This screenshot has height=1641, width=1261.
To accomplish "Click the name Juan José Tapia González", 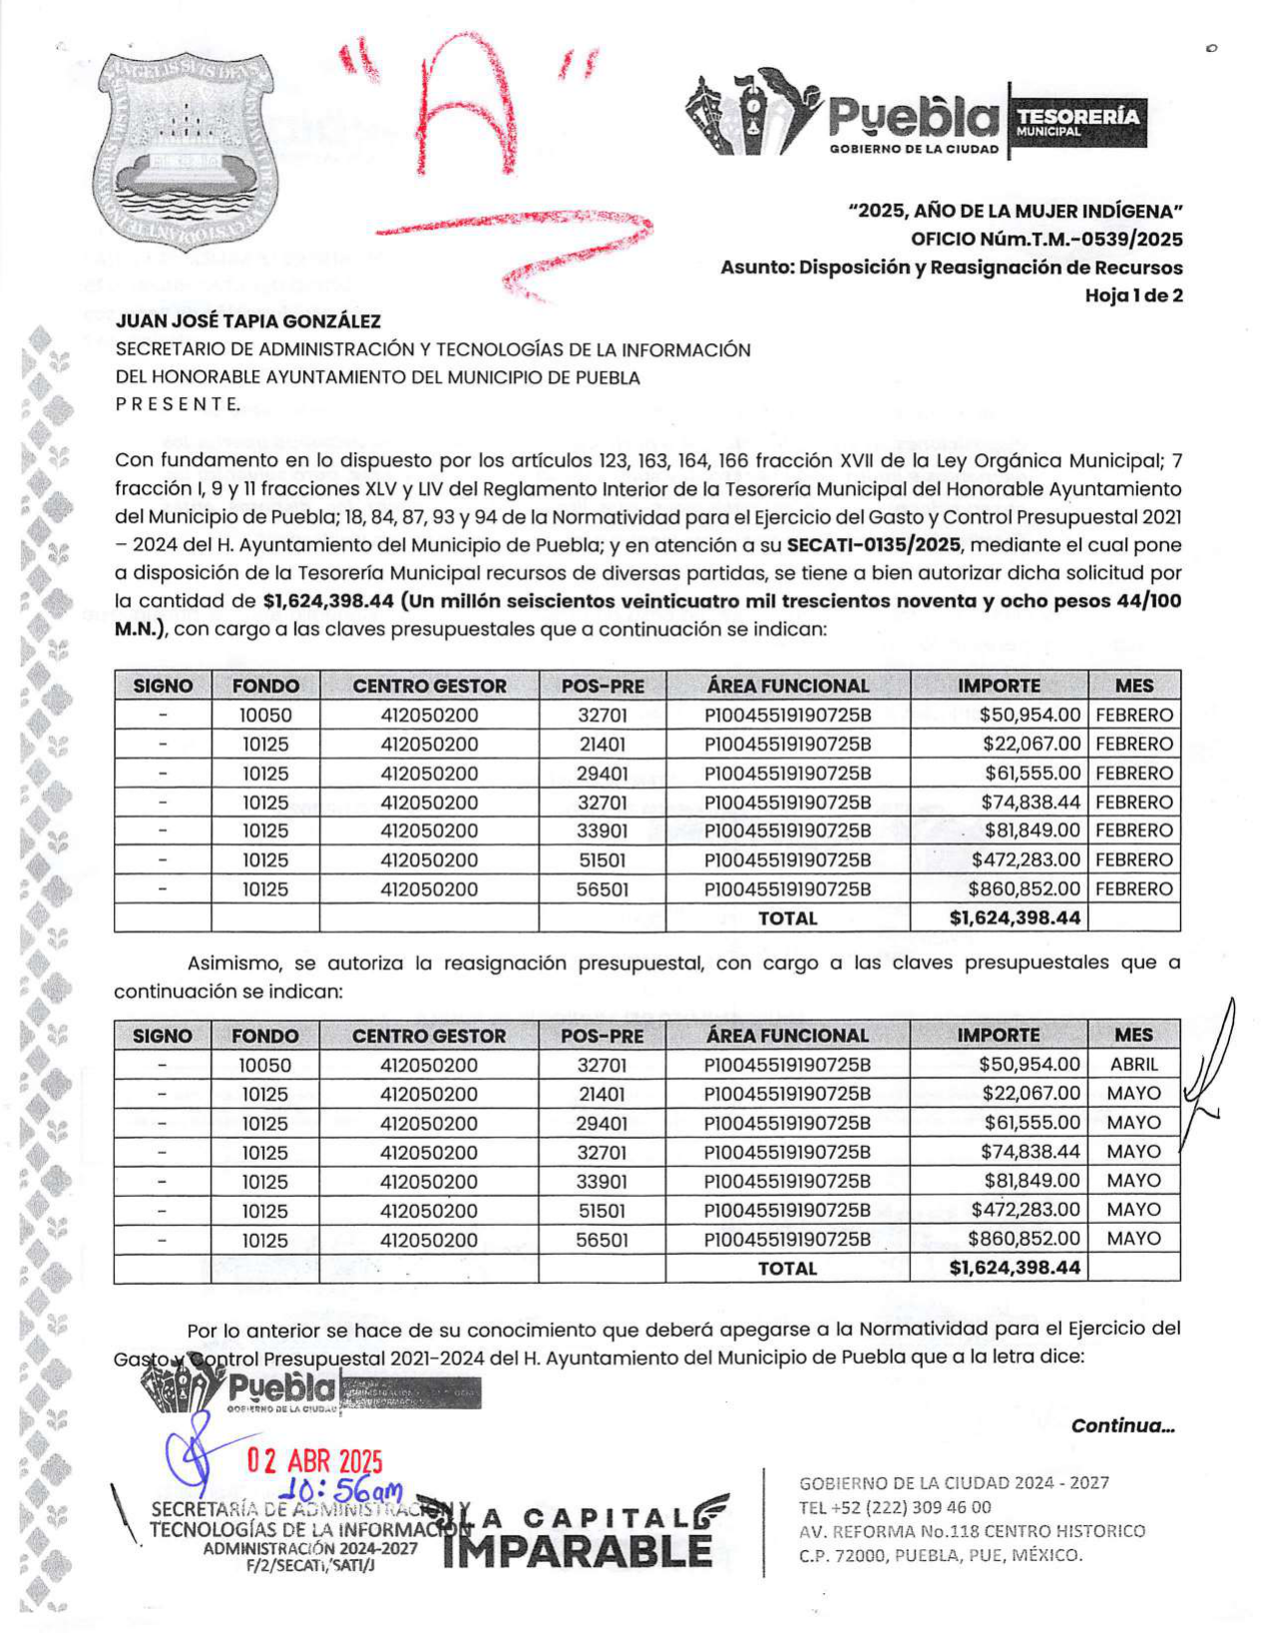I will [x=248, y=321].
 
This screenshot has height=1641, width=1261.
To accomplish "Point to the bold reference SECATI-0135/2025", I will [x=874, y=545].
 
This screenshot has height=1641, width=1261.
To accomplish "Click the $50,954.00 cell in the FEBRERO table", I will [x=1029, y=716].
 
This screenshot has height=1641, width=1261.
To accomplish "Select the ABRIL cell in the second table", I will [x=1133, y=1065].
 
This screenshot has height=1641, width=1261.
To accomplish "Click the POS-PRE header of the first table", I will [x=603, y=687].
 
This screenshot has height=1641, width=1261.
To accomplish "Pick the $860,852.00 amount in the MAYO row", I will [x=1024, y=1239].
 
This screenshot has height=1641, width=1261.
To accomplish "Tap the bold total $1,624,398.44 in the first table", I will [x=1015, y=918].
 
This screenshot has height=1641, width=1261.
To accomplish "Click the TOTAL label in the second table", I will [x=787, y=1269].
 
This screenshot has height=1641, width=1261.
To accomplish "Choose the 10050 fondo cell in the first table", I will [x=265, y=716].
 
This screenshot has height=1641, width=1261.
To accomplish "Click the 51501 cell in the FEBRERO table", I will [x=603, y=860].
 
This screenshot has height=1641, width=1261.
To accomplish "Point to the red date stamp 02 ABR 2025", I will [x=315, y=1461].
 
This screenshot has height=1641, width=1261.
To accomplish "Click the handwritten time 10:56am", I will [x=339, y=1490].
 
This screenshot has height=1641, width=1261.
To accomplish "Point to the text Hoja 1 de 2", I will [x=1133, y=295].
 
